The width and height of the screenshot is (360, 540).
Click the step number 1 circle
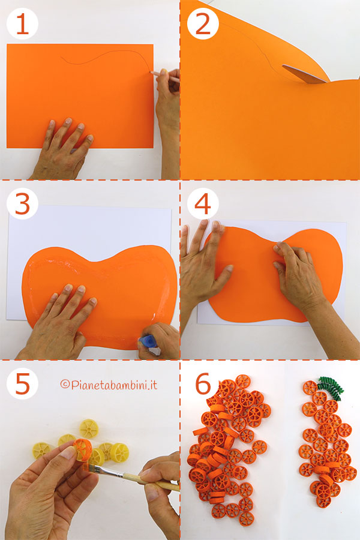click(22, 24)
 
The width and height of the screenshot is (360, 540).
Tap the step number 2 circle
click(203, 24)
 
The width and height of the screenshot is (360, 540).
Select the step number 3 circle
click(22, 203)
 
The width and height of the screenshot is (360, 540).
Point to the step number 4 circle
click(203, 203)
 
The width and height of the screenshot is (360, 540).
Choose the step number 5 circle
click(22, 383)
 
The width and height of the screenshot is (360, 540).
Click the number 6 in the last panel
click(203, 383)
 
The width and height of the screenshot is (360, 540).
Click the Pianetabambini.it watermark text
click(109, 385)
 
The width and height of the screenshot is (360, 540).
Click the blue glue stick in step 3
click(147, 342)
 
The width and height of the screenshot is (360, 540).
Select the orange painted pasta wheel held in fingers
click(83, 450)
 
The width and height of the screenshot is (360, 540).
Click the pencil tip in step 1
click(151, 73)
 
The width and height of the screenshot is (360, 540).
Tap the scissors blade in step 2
click(304, 74)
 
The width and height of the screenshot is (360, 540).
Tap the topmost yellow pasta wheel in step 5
click(89, 428)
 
